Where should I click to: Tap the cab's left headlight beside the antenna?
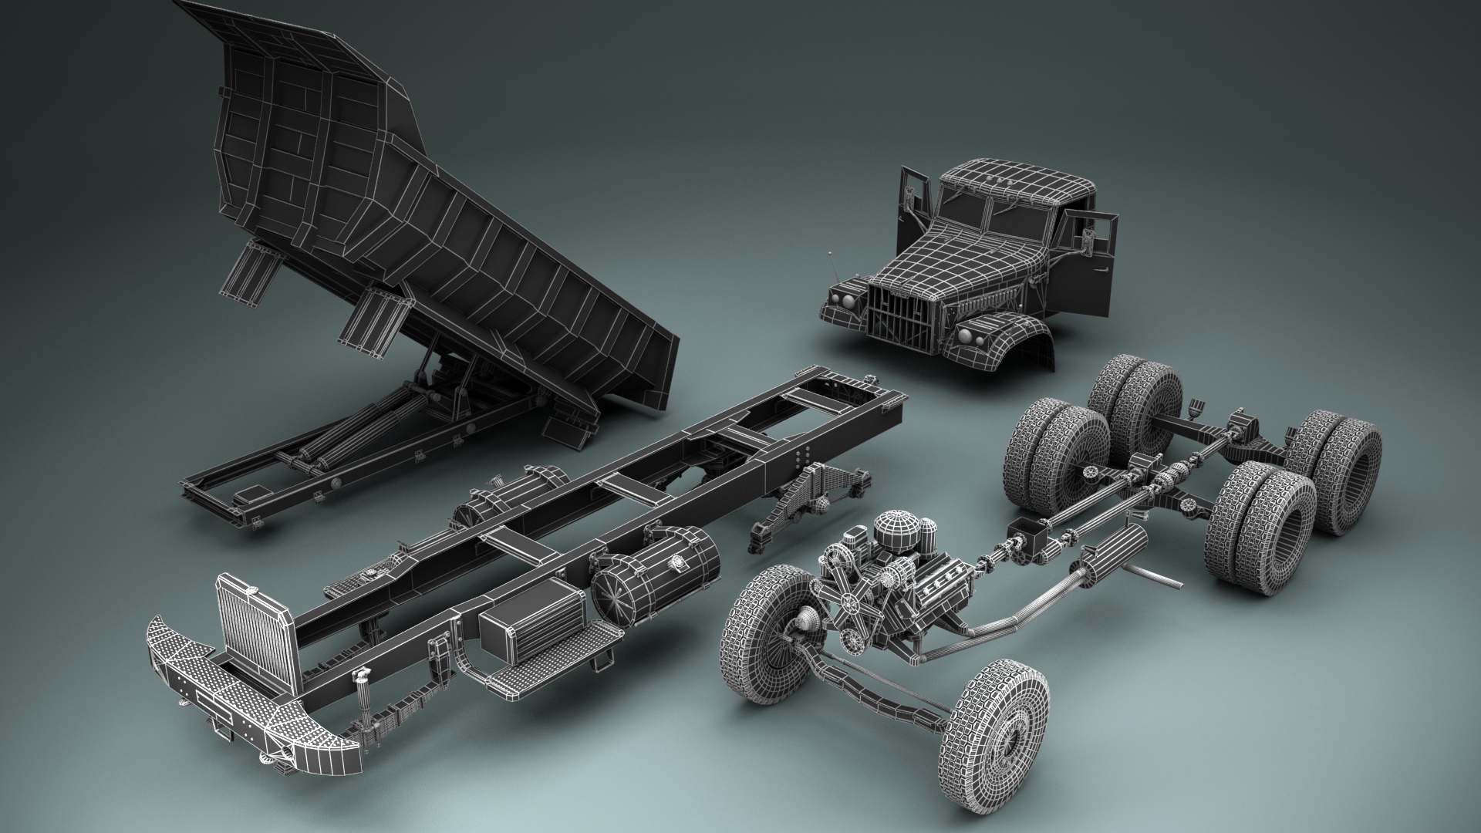tap(842, 298)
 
